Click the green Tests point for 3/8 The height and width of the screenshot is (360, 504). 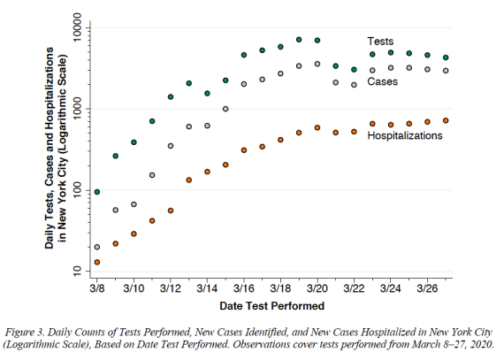[x=97, y=192]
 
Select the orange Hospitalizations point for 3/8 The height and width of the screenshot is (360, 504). [x=97, y=263]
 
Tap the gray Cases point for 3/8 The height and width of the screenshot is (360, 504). [x=97, y=247]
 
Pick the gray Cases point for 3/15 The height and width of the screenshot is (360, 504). [x=225, y=109]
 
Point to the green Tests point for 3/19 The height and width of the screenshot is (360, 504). [x=299, y=40]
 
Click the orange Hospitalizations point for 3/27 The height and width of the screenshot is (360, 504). [x=446, y=120]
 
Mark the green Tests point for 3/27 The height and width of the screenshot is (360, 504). [x=446, y=57]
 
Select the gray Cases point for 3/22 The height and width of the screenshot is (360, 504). [x=355, y=85]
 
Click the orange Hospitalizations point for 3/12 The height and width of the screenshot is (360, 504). [x=171, y=211]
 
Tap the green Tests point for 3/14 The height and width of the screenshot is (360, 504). [x=207, y=93]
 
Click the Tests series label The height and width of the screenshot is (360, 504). [x=380, y=42]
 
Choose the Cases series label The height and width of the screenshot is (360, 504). [x=383, y=81]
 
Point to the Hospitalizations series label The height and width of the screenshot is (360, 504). [x=405, y=135]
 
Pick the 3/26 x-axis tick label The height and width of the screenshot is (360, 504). [x=427, y=288]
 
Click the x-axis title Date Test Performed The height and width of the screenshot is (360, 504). [x=272, y=306]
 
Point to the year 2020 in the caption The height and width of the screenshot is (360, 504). [x=482, y=345]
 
